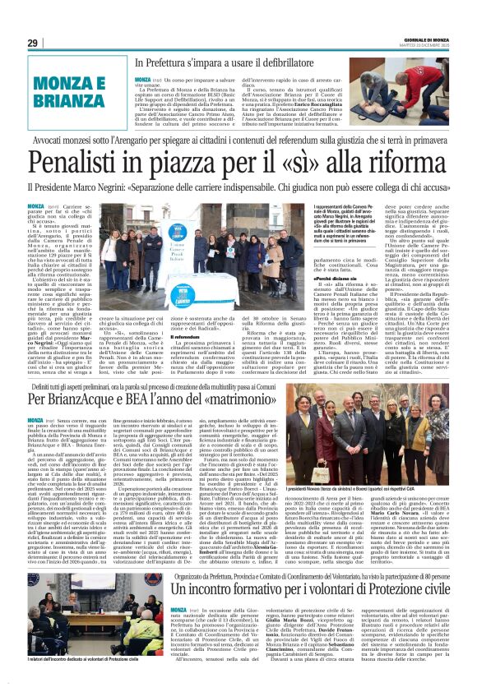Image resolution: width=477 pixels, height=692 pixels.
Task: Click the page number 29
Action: (x=33, y=43)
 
